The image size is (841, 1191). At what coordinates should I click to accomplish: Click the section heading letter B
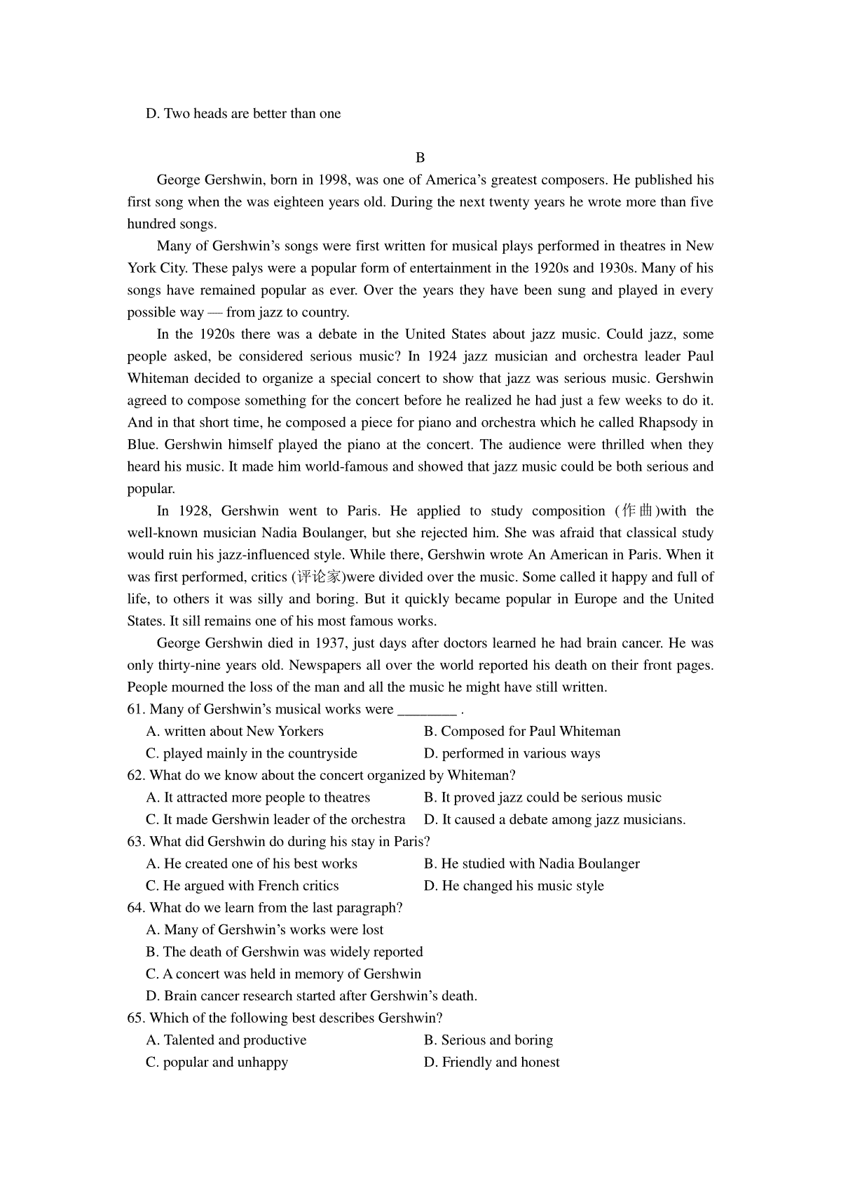click(420, 158)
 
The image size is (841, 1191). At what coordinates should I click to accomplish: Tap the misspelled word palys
click(249, 268)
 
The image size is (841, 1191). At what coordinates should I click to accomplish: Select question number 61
click(136, 710)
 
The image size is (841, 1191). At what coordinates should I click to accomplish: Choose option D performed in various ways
click(512, 754)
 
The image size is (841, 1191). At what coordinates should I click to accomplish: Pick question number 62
click(136, 776)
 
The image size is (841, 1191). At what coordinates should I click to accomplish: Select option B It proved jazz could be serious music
click(543, 798)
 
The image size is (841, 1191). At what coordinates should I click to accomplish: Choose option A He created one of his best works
click(252, 864)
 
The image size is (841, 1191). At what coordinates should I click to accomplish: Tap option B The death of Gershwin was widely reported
click(285, 953)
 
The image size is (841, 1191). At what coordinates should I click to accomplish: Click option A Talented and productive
click(226, 1041)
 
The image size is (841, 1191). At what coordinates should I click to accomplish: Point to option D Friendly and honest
click(492, 1063)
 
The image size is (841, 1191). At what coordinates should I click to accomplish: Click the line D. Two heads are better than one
click(243, 114)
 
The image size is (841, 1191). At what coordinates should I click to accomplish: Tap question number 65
click(136, 1018)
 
